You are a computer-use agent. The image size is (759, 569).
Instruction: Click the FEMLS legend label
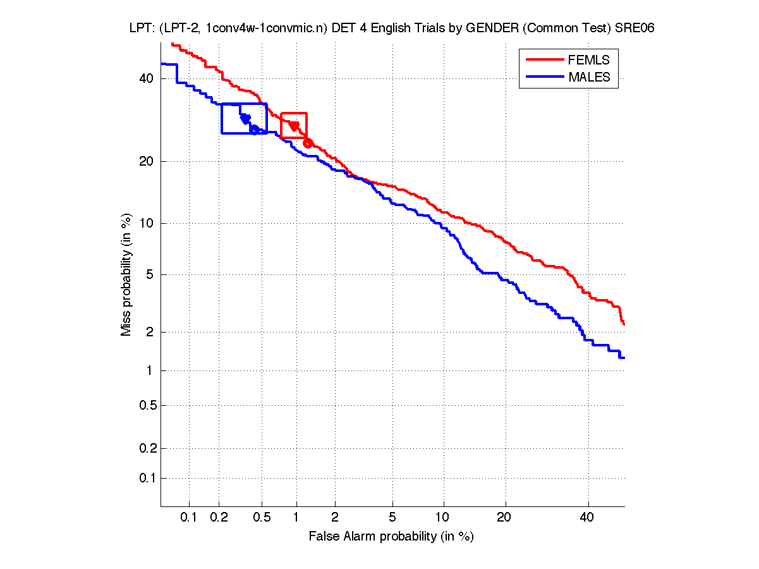[589, 60]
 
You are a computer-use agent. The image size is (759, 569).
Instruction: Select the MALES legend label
[590, 77]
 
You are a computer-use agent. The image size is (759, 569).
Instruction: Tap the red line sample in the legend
[544, 60]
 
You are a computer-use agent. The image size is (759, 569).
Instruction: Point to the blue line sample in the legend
[544, 77]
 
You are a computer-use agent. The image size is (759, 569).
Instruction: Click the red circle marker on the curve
[308, 143]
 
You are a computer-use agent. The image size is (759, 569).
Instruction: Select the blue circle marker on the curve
[254, 130]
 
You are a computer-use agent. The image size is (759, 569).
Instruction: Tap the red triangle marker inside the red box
[294, 126]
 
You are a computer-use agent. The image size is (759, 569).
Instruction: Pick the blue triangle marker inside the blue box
[245, 119]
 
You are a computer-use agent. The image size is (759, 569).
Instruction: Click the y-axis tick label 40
[147, 78]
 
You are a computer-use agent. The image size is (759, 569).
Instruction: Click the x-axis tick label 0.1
[189, 518]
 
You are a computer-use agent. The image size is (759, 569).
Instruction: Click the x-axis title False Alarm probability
[391, 537]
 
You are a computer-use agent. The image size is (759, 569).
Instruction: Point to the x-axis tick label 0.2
[219, 518]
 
